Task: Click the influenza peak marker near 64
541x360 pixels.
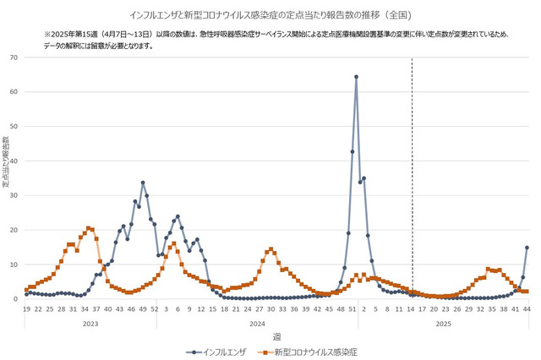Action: pos(356,77)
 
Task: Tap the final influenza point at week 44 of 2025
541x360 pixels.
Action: pos(527,248)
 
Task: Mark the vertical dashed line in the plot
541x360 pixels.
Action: pos(412,169)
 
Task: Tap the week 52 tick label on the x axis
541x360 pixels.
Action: pos(154,310)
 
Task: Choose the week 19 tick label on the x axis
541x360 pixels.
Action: pos(26,310)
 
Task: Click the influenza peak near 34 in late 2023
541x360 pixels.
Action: pos(143,183)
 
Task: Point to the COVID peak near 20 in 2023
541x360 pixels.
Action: pos(89,228)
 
